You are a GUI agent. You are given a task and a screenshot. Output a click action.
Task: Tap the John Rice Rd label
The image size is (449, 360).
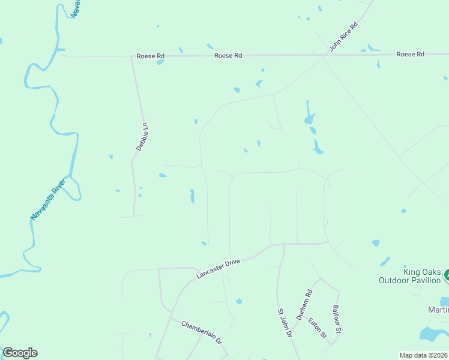(343, 38)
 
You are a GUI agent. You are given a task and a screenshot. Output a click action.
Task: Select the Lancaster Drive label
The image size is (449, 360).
(218, 269)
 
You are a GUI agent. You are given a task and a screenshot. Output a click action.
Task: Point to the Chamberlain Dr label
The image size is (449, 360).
(202, 331)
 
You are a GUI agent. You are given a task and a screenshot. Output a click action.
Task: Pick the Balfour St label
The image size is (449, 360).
(337, 319)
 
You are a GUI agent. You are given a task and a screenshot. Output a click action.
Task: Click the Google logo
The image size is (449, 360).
(20, 353)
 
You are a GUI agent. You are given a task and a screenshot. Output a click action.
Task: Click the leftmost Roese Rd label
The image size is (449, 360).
(150, 56)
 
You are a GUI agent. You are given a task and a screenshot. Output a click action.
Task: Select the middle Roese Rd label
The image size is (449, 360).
(228, 55)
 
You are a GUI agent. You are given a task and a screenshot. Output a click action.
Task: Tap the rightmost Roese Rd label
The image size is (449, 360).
(411, 55)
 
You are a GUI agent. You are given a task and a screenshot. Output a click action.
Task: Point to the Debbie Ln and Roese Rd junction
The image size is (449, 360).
(131, 56)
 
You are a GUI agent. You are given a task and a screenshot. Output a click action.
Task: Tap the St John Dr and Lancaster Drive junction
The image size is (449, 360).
(283, 244)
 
